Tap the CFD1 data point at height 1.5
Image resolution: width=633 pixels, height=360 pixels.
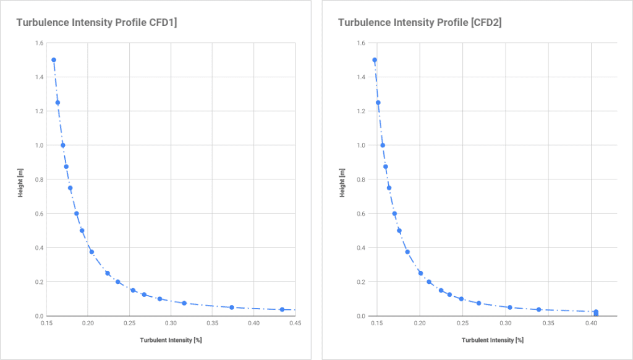[54, 60]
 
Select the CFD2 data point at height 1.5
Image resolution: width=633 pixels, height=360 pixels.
[375, 60]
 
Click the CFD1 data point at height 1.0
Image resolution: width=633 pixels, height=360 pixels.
[62, 145]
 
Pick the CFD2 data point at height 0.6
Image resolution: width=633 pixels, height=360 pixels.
[394, 213]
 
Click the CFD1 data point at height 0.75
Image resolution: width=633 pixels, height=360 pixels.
[70, 188]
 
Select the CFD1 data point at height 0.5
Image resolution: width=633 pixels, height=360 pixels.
[82, 231]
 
